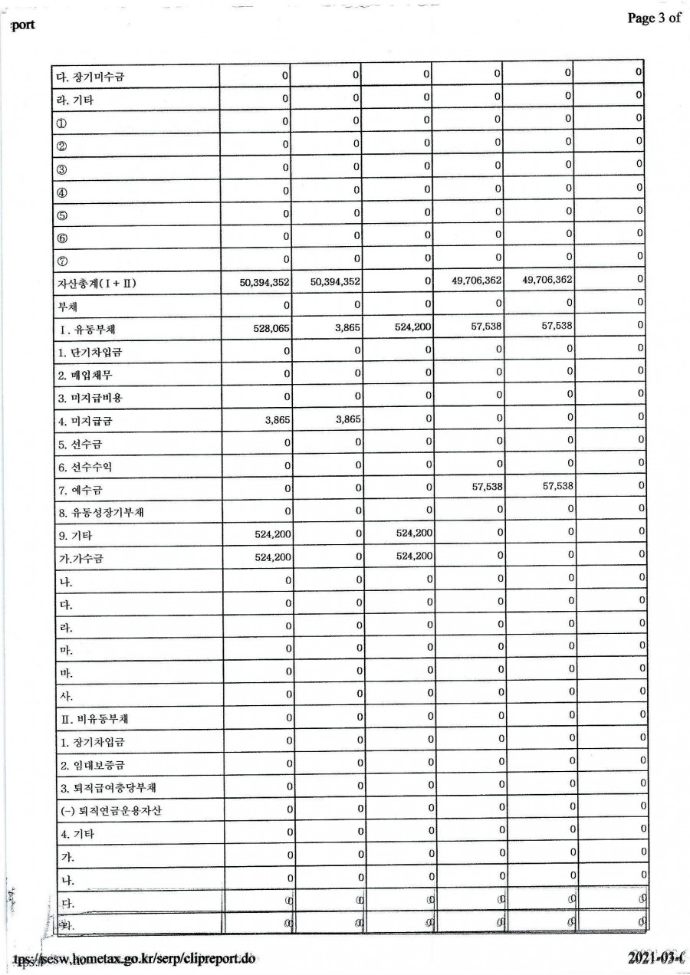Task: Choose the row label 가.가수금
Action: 81,559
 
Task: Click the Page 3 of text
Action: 653,18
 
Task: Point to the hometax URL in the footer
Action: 134,959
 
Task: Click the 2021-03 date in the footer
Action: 654,959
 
